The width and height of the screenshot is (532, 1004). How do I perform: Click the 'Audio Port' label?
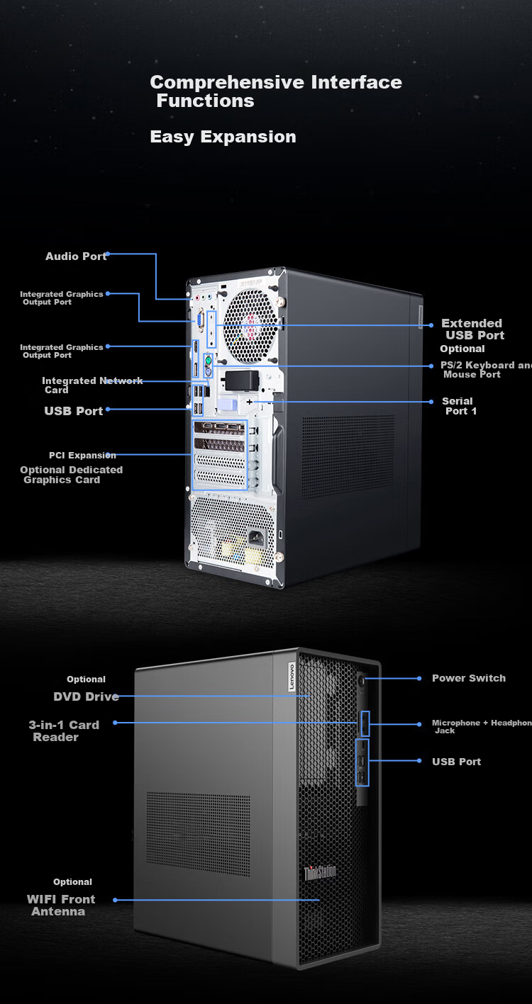76,256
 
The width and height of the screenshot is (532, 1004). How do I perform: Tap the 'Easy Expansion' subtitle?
223,137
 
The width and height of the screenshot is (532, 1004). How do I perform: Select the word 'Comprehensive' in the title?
228,82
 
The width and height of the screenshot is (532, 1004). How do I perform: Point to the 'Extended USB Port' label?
473,329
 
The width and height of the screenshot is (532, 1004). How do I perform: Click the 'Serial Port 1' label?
459,406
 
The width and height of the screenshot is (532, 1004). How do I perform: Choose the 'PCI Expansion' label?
82,456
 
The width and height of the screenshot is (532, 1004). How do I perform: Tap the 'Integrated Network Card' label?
92,385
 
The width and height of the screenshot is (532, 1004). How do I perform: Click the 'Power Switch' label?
469,678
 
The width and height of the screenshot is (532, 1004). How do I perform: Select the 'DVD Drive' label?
86,696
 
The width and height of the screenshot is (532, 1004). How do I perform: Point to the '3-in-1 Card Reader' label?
64,731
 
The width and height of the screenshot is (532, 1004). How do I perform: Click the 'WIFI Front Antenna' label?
61,906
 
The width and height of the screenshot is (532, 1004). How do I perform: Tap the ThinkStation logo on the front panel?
320,873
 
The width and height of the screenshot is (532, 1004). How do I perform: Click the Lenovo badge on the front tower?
292,677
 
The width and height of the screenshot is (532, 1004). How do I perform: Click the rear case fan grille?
250,325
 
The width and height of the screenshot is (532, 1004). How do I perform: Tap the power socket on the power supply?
257,537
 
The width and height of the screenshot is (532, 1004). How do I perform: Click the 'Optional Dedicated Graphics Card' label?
72,475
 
